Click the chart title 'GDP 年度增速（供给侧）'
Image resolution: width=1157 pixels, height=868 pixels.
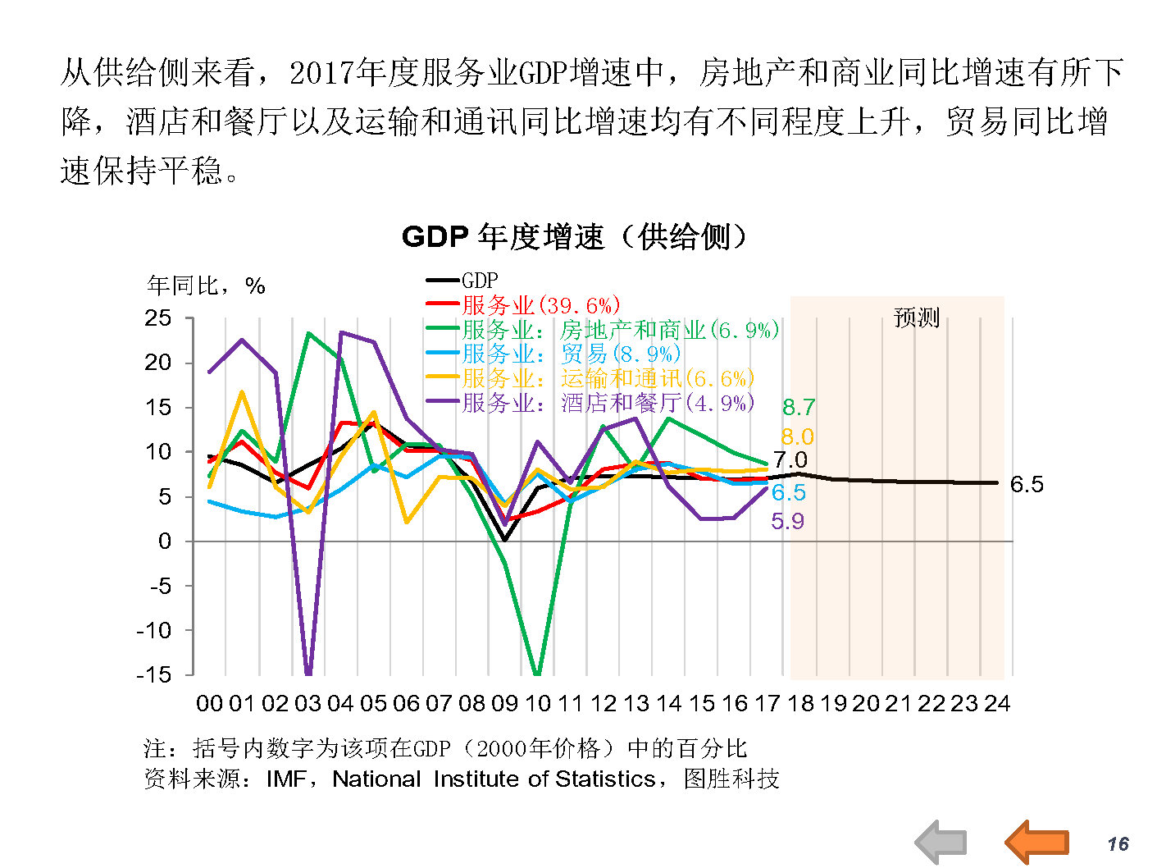[574, 237]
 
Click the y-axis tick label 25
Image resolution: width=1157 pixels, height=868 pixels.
[158, 318]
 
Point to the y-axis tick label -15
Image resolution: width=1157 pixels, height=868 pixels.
[154, 674]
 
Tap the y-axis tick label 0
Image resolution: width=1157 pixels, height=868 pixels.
[165, 541]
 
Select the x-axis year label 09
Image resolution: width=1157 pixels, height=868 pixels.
[504, 704]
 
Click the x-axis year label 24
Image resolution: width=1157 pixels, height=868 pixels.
[997, 704]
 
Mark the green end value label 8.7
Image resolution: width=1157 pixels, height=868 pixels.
[799, 407]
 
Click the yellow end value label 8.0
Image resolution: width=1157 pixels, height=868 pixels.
[797, 436]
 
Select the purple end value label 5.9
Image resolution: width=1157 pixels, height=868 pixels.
[787, 521]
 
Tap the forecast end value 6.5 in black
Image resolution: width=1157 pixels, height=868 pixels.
[1027, 484]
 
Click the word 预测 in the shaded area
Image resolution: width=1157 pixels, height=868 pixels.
[916, 318]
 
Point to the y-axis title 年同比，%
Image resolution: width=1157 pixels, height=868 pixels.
[206, 286]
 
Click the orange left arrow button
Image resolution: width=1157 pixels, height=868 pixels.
[1037, 842]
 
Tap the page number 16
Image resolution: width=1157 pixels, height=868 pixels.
[1118, 844]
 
